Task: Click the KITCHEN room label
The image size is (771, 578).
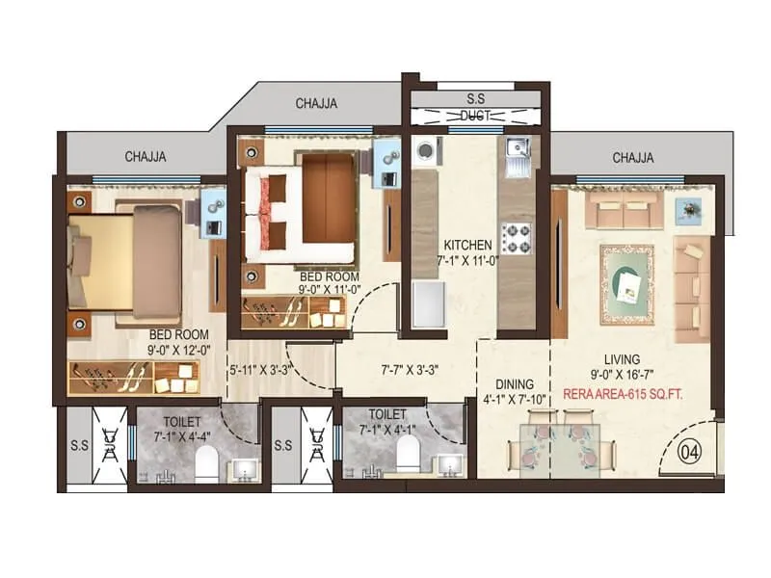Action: click(467, 245)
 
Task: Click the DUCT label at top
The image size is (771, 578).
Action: click(477, 116)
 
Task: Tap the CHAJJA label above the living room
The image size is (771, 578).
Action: click(633, 157)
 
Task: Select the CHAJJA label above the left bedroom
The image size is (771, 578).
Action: click(146, 156)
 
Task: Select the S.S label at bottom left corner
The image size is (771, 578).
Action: click(78, 447)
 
